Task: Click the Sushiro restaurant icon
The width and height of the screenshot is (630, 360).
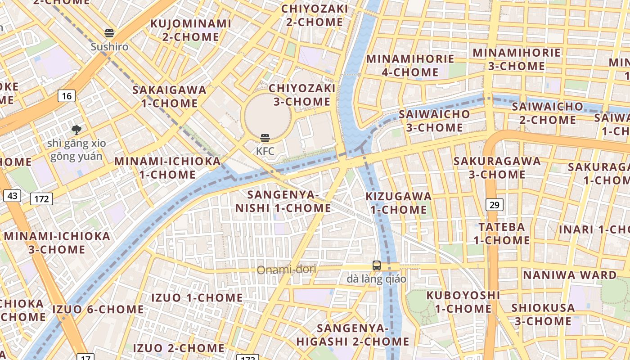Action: pos(109,33)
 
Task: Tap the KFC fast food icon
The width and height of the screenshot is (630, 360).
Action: pos(265,138)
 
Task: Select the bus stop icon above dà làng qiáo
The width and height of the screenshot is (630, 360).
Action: pos(377,265)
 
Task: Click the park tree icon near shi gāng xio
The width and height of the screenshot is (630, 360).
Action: pos(76,130)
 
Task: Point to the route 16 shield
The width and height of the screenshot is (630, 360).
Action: pos(67,95)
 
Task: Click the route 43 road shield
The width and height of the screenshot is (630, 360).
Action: pos(12,196)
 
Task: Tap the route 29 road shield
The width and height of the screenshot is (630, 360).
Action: pos(494,205)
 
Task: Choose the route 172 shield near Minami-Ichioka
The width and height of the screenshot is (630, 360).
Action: pos(41,198)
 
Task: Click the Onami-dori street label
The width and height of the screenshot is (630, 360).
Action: pos(287,270)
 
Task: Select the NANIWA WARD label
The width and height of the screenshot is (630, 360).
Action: pos(570,274)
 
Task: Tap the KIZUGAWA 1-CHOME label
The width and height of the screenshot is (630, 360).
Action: pos(398,203)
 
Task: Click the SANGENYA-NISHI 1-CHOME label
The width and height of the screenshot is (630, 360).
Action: pos(283,201)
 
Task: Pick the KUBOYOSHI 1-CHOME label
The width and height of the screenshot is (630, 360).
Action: pos(463,302)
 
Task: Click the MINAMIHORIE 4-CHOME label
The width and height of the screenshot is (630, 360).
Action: pos(410,65)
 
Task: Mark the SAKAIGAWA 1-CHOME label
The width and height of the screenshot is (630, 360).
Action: pos(169,96)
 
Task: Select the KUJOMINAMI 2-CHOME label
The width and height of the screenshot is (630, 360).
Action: pos(190,30)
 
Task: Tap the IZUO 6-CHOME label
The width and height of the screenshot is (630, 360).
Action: pos(98,309)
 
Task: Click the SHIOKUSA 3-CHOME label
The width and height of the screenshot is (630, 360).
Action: pos(543,315)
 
